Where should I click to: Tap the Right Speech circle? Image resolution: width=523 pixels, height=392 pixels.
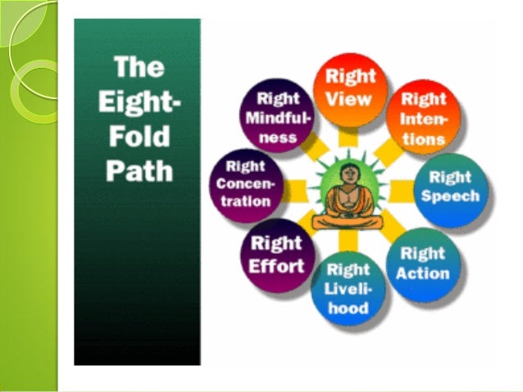450,187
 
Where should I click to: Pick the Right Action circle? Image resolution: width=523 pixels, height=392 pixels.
423,263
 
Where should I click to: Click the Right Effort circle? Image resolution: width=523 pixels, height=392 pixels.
278,255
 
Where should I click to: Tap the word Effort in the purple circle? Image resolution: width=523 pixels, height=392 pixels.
278,265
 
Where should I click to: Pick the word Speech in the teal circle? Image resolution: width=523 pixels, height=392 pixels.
450,196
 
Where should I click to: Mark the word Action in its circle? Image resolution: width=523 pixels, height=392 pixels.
423,273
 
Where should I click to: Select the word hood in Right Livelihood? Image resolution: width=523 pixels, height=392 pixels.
348,309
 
